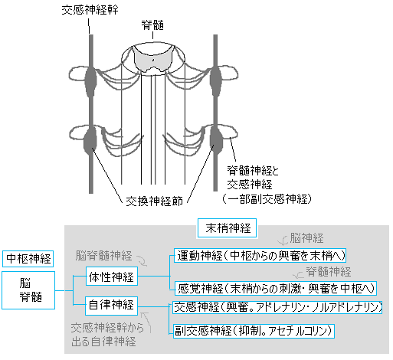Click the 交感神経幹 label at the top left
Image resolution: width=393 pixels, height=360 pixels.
click(x=90, y=10)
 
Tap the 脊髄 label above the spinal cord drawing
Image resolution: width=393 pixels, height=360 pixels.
click(x=152, y=25)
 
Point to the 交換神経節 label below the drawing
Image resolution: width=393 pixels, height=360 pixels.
click(x=154, y=201)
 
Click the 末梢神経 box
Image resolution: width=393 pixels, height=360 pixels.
click(x=227, y=228)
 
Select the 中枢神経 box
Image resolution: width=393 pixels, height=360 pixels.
click(x=28, y=259)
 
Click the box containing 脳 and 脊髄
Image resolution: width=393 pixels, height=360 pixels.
click(x=28, y=290)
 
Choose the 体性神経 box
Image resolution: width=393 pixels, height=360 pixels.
click(x=112, y=277)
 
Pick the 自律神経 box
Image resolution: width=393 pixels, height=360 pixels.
click(x=111, y=306)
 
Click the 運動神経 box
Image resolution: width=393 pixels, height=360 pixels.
click(x=260, y=255)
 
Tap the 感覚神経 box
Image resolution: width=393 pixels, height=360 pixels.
click(x=276, y=289)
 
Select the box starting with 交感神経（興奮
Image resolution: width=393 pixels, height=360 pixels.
click(x=277, y=307)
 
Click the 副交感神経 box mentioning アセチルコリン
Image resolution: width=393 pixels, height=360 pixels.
click(x=254, y=331)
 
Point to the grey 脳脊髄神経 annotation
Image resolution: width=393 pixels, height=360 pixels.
click(x=103, y=256)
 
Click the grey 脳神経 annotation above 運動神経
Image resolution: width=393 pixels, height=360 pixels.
click(x=306, y=238)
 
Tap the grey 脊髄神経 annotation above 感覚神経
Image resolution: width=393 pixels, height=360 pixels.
click(x=329, y=272)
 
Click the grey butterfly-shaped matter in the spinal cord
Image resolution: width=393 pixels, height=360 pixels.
click(x=152, y=61)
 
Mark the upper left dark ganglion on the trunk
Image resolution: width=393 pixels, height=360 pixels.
click(x=90, y=80)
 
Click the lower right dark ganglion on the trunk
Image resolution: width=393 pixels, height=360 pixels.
click(x=217, y=141)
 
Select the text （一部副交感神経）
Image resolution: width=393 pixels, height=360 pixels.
click(x=267, y=199)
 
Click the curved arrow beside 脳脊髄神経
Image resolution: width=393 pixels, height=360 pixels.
click(x=142, y=260)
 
